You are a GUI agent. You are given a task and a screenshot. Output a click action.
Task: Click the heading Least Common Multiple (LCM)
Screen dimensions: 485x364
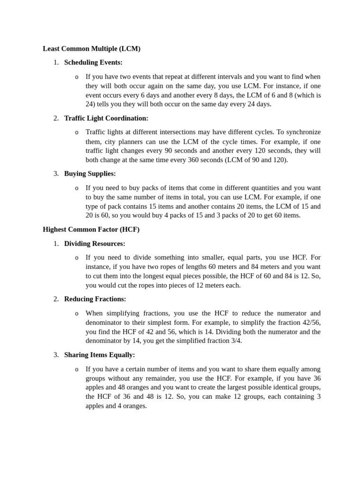click(x=91, y=48)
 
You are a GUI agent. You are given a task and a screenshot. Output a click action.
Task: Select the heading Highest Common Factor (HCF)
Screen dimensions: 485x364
click(x=91, y=229)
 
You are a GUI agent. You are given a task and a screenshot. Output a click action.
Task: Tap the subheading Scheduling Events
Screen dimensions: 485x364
click(x=93, y=62)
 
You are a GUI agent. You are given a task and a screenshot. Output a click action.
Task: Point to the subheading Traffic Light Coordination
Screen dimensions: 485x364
click(x=106, y=118)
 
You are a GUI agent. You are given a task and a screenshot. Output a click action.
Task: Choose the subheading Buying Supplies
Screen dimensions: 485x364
click(x=90, y=173)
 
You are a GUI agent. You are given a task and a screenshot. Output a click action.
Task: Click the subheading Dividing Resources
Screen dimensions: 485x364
click(x=95, y=243)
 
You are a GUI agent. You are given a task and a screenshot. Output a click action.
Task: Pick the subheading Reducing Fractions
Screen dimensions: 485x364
click(x=95, y=299)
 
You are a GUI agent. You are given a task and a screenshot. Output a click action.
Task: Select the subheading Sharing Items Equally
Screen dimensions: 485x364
click(x=100, y=355)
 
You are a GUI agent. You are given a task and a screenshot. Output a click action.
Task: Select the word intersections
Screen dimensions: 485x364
click(x=181, y=132)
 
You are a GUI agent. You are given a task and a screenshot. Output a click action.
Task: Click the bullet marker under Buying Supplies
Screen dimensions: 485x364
click(x=77, y=188)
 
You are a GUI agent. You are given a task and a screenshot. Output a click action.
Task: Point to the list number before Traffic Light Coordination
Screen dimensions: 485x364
click(x=56, y=118)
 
